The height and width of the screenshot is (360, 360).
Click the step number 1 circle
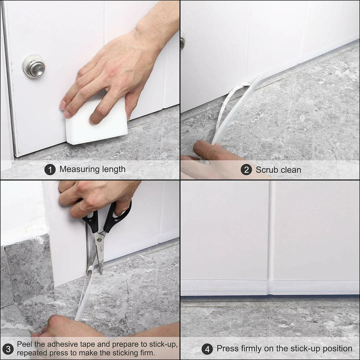coord(50,170)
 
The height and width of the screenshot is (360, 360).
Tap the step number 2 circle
coord(246,170)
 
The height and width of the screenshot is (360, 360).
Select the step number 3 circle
coord(8,349)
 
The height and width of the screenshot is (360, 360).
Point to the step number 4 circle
coord(207,349)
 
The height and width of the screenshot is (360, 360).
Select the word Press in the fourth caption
coord(227,349)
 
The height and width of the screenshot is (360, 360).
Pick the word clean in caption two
coord(291,170)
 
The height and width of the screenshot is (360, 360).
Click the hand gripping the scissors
coord(97,197)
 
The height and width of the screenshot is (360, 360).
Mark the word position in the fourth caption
coord(336,349)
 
